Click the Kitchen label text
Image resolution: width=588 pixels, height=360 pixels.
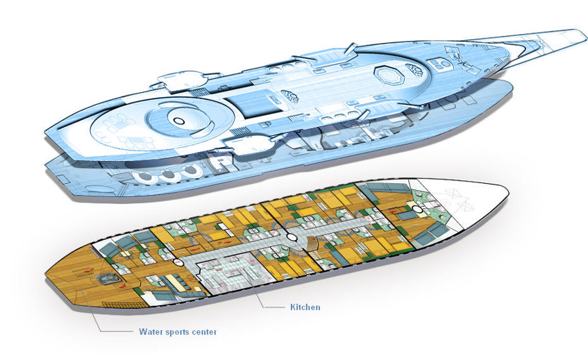tap(305, 307)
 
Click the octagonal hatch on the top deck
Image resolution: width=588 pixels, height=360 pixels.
tap(385, 74)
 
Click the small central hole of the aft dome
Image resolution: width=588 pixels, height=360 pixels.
tap(178, 121)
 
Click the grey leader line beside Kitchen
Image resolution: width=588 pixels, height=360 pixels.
tap(271, 306)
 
